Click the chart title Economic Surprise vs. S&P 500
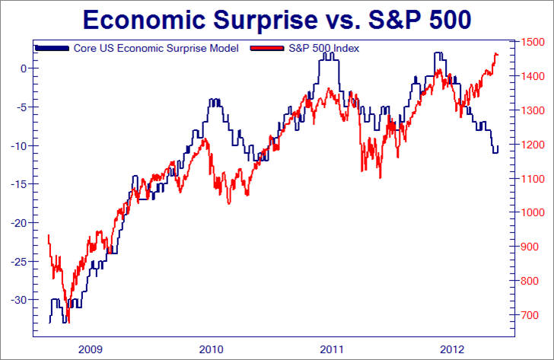pos(276,18)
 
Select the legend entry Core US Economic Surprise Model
pos(156,48)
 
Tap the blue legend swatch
pos(53,48)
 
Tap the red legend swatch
pos(267,48)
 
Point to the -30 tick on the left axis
pos(19,300)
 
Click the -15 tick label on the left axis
pos(19,184)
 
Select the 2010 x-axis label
pos(211,349)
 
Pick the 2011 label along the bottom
pos(330,349)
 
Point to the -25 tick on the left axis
pos(19,261)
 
